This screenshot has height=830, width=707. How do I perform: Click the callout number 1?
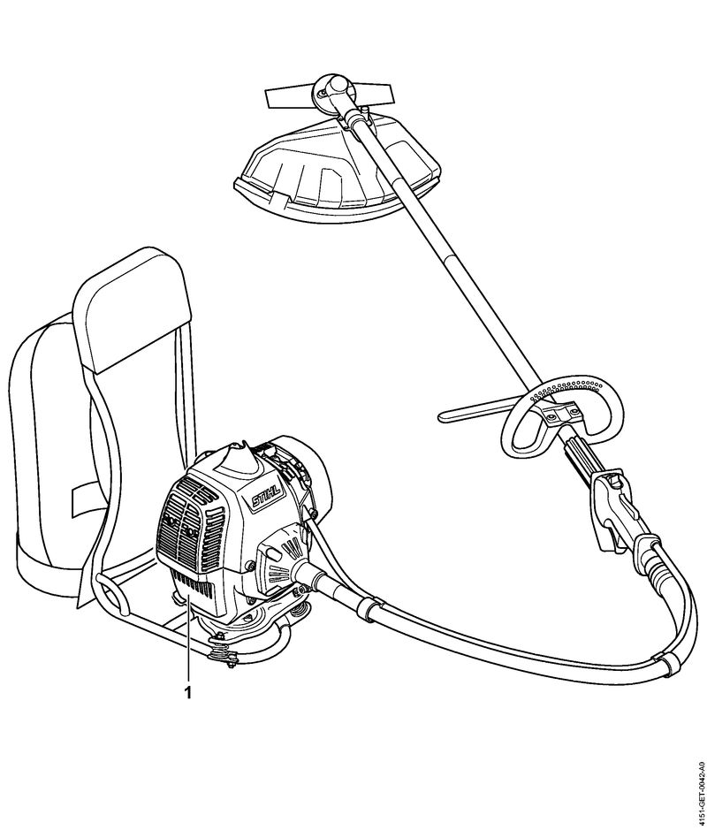point(186,692)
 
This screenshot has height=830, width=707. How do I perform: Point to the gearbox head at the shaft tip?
point(331,91)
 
